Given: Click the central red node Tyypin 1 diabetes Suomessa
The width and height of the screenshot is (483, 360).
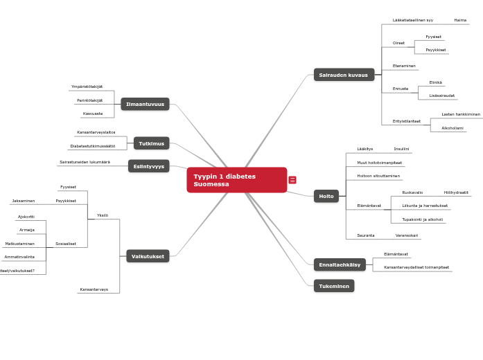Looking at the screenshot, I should tap(236, 180).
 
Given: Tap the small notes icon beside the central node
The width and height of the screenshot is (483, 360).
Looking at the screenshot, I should tap(292, 180).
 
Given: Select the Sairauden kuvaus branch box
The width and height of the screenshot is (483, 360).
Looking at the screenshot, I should tap(344, 75).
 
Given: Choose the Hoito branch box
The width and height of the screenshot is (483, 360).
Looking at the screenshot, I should tap(326, 196).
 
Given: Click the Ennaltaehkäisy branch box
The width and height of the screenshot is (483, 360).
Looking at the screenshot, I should tap(340, 264).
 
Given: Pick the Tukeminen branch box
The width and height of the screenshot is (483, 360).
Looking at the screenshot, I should tap(334, 286).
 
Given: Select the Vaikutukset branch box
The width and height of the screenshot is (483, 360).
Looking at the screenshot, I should tap(148, 256).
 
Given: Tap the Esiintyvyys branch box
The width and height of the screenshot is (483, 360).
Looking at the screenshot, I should tap(149, 166).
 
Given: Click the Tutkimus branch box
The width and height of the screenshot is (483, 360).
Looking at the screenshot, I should tap(151, 143).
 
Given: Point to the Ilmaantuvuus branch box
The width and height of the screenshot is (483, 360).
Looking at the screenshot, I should tap(145, 104).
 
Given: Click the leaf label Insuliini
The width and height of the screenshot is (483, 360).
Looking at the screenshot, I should tap(401, 149).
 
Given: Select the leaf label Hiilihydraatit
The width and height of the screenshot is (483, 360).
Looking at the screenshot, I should tap(456, 192).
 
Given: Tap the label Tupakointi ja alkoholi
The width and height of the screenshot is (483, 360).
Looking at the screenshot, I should tap(423, 219).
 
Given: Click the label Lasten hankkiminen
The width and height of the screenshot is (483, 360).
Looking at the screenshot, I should tap(461, 114).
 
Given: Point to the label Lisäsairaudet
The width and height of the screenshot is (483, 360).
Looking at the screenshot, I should tap(442, 96).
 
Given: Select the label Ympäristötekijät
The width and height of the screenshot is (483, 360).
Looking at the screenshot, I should tap(87, 87).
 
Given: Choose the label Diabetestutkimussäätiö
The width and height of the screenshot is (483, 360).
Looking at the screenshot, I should tap(93, 146).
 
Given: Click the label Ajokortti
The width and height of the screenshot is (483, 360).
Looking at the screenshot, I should tap(26, 217).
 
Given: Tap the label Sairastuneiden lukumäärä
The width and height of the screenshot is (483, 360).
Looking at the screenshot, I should tap(85, 162).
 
